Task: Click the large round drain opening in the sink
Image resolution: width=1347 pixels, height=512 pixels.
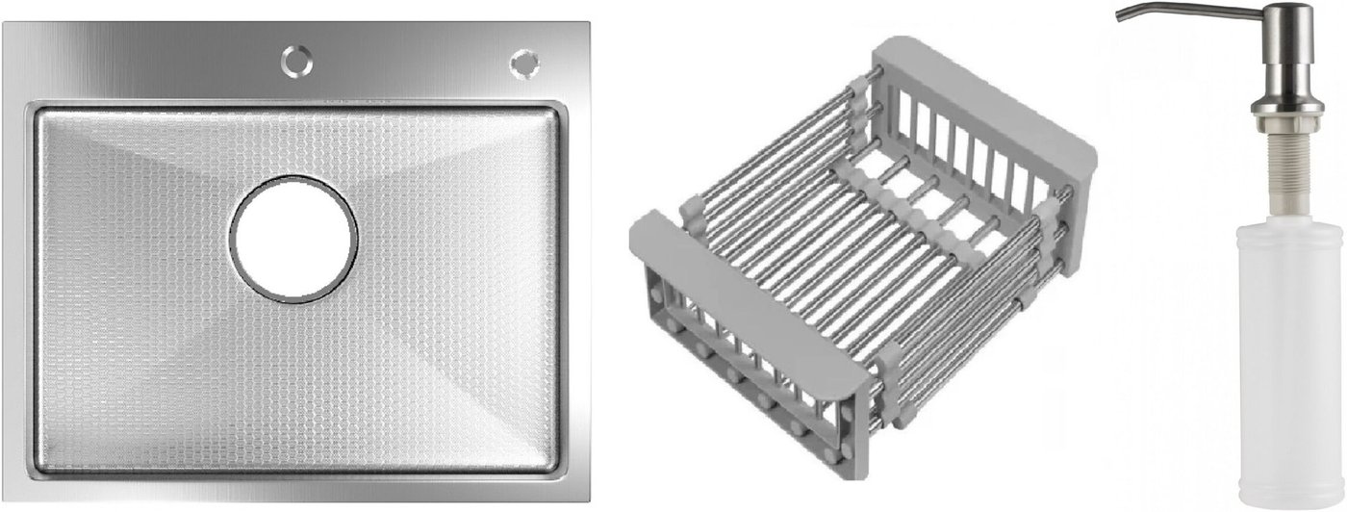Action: (x=293, y=239)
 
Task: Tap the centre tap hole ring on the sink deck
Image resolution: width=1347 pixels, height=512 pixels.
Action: (x=297, y=60)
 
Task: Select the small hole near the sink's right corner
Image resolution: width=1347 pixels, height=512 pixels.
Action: (x=524, y=63)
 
